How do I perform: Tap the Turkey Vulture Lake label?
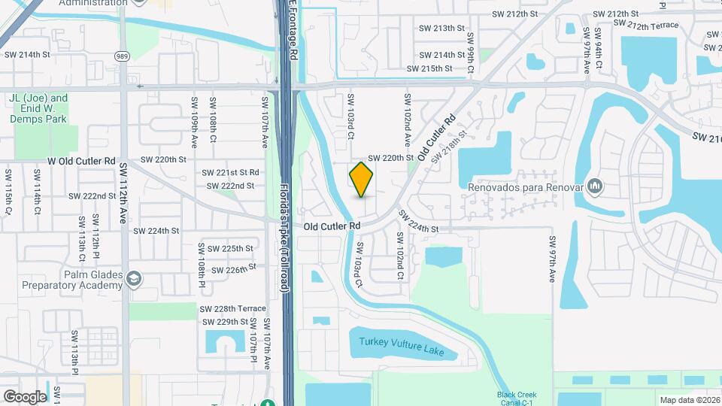click(396, 347)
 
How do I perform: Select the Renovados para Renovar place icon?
click(595, 185)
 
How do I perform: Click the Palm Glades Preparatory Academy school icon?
click(135, 279)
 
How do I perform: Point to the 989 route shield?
click(122, 56)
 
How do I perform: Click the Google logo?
click(25, 396)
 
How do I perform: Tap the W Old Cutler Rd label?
click(82, 161)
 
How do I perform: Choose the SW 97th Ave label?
click(551, 260)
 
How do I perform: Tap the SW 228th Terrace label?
click(232, 309)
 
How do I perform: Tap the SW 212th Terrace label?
click(646, 26)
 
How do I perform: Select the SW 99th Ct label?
click(470, 52)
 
